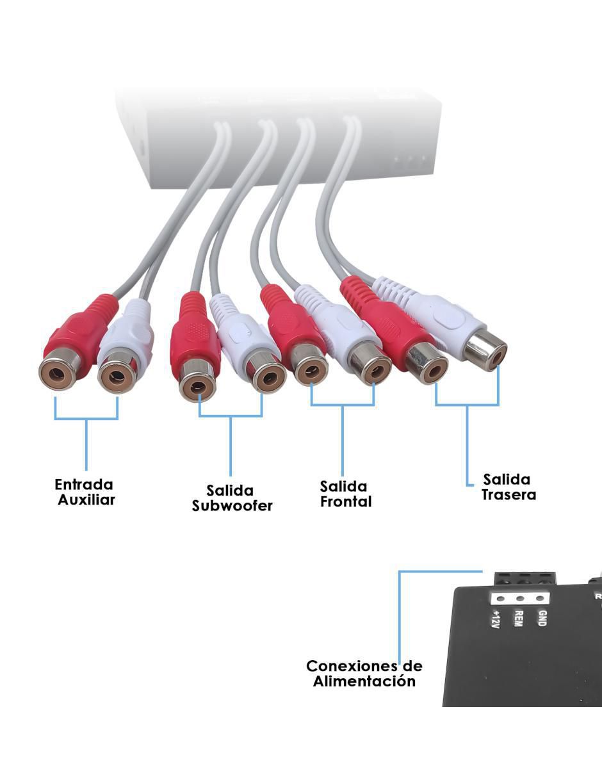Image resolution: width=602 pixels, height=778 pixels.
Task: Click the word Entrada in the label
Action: pyautogui.click(x=84, y=485)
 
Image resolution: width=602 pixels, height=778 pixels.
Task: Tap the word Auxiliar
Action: pyautogui.click(x=86, y=500)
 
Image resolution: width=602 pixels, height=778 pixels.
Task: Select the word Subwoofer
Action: pyautogui.click(x=232, y=506)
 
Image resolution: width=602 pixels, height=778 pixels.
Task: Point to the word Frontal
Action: pyautogui.click(x=346, y=501)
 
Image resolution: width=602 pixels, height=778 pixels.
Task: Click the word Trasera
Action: pyautogui.click(x=508, y=495)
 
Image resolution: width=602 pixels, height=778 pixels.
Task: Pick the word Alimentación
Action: pyautogui.click(x=364, y=681)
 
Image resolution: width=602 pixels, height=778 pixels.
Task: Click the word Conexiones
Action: pyautogui.click(x=350, y=666)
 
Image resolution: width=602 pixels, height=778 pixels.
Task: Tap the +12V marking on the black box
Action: pyautogui.click(x=495, y=620)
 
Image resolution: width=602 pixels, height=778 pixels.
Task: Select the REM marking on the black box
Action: pyautogui.click(x=518, y=619)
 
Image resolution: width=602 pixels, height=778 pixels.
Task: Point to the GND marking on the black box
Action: pyautogui.click(x=542, y=619)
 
